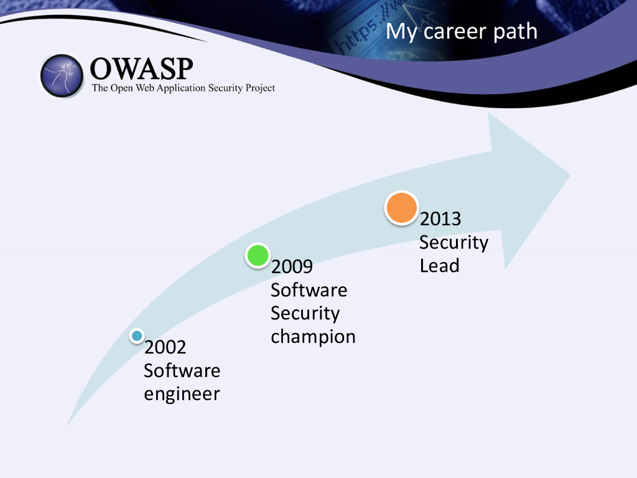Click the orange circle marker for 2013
401,208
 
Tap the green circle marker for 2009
258,255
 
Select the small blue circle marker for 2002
137,335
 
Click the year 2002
165,347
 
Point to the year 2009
292,266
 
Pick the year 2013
440,219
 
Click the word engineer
182,394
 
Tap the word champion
313,337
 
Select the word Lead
440,266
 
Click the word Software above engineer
182,370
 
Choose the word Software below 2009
309,290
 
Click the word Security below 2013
453,243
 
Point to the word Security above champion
305,314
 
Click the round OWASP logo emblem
62,75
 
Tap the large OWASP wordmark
141,68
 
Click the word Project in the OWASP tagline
260,88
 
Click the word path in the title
515,31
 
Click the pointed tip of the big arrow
570,175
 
